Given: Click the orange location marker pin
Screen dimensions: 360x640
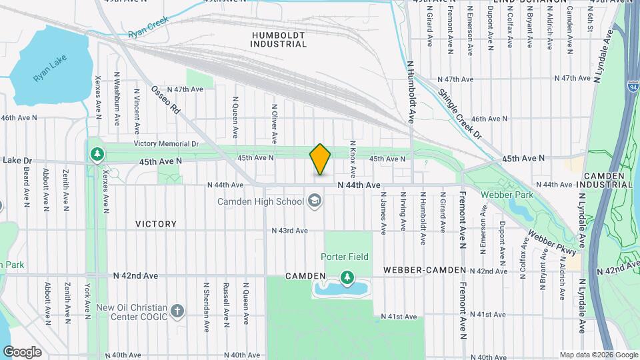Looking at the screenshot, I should pyautogui.click(x=320, y=159).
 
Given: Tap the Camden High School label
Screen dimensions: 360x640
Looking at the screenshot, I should pyautogui.click(x=260, y=201).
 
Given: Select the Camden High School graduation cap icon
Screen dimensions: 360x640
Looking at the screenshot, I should pyautogui.click(x=314, y=201).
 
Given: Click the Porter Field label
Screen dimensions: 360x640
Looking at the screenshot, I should pyautogui.click(x=345, y=257).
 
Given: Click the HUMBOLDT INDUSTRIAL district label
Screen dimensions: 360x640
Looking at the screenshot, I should pyautogui.click(x=279, y=39).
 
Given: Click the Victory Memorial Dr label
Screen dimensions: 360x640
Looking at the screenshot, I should pyautogui.click(x=166, y=143).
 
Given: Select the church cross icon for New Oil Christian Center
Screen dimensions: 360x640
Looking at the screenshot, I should pyautogui.click(x=177, y=311).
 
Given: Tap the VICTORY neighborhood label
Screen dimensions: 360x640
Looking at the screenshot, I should pyautogui.click(x=156, y=224).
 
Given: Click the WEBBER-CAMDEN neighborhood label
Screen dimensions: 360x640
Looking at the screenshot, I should pyautogui.click(x=424, y=270).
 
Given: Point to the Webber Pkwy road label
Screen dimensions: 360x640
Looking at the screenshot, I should pyautogui.click(x=551, y=241).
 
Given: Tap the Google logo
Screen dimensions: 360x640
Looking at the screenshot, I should pyautogui.click(x=22, y=352).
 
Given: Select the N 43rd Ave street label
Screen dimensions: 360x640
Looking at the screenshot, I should pyautogui.click(x=289, y=231).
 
